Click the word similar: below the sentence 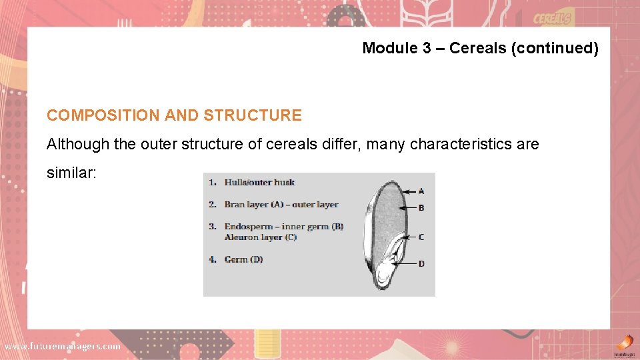point(71,173)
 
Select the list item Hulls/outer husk point(259,183)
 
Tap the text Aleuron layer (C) point(260,237)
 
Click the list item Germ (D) point(243,259)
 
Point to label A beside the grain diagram point(421,191)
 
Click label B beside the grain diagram point(421,208)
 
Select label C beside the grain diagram point(421,237)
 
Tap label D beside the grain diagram point(421,264)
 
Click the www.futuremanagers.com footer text point(63,346)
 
